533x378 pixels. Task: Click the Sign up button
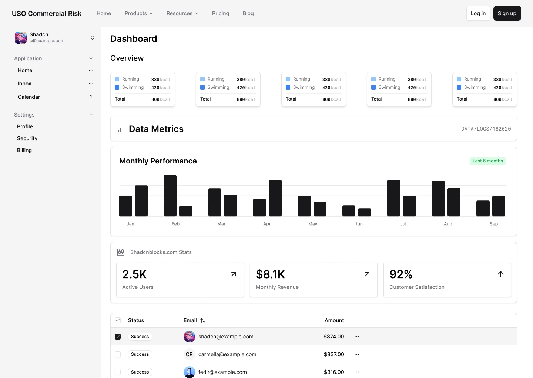[507, 13]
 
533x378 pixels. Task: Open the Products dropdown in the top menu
[138, 13]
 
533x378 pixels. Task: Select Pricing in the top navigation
[220, 13]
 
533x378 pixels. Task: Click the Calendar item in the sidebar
[29, 97]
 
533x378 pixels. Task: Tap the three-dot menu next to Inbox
[91, 84]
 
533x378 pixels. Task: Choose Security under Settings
[27, 138]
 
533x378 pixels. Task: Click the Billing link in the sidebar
[24, 150]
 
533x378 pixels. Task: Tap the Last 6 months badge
[487, 161]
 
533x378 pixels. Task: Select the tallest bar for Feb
[170, 196]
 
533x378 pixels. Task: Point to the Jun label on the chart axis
[359, 224]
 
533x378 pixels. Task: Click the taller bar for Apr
[275, 198]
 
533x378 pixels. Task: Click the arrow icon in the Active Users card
[234, 274]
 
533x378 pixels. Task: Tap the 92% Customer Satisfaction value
[401, 274]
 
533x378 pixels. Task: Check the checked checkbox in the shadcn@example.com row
[118, 337]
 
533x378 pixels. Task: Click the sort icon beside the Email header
[203, 320]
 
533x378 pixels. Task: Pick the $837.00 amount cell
[334, 354]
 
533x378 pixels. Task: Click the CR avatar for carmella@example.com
[189, 354]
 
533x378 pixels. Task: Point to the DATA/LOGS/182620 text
[486, 129]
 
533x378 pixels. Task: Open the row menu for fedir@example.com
[357, 372]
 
